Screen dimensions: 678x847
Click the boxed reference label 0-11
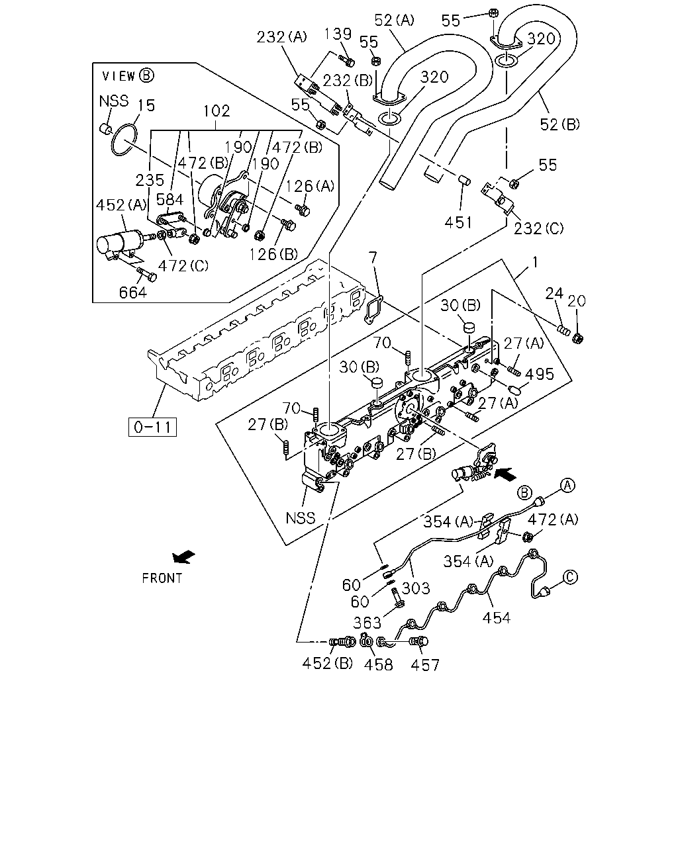[x=152, y=427]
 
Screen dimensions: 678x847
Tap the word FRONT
[x=162, y=578]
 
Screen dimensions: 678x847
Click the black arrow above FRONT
[x=183, y=557]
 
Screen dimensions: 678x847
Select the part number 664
[x=133, y=292]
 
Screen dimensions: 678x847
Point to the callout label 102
[x=217, y=111]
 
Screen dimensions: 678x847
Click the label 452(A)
[x=121, y=204]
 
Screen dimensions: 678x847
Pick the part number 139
[x=338, y=34]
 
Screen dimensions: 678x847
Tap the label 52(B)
[x=559, y=124]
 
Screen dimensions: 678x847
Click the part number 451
[x=458, y=223]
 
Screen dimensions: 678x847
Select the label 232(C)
[x=538, y=228]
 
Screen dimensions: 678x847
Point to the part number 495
[x=540, y=374]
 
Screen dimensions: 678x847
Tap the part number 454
[x=497, y=618]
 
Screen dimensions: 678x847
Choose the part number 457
[x=424, y=665]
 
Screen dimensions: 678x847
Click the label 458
[x=378, y=665]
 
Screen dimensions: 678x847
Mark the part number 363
[x=367, y=623]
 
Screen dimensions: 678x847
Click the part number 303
[x=416, y=588]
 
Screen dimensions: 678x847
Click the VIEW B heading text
[x=128, y=75]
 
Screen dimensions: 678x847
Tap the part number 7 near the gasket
[x=373, y=258]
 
